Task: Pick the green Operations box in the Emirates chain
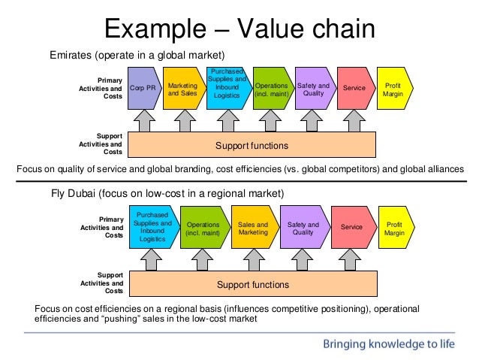270,88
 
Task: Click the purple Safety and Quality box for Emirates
313,88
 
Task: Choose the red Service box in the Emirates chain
354,88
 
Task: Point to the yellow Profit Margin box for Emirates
392,88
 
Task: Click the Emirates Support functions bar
252,144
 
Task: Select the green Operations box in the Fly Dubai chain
203,227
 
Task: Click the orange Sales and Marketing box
253,227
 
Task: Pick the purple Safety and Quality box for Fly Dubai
303,227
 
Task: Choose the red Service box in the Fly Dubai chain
353,227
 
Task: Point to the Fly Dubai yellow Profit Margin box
393,227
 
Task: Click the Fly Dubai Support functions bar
253,285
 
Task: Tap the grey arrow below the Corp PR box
144,119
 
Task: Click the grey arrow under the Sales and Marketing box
250,259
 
